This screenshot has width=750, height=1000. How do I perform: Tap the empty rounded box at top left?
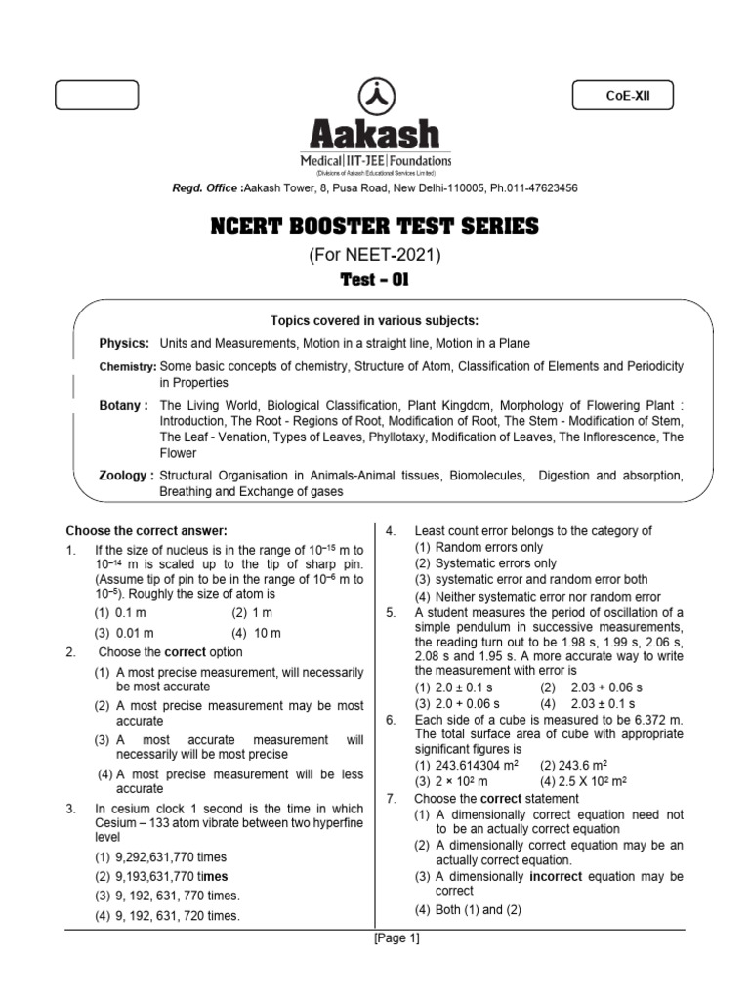[x=97, y=95]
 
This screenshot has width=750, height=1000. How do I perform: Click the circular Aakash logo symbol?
[x=375, y=96]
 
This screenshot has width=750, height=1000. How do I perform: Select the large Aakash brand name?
[x=375, y=135]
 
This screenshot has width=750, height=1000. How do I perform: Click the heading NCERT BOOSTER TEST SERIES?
[x=375, y=228]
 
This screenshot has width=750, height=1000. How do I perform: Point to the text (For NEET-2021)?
[x=375, y=256]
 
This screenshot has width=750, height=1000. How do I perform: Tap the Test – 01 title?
[x=375, y=281]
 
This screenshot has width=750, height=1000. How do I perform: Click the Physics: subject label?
[x=124, y=344]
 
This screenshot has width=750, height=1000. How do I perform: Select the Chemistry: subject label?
[x=127, y=366]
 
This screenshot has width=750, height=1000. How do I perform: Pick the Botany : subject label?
[x=124, y=404]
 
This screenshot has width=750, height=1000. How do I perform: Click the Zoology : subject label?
[x=127, y=475]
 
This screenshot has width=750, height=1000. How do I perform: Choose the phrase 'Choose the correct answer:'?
[x=146, y=531]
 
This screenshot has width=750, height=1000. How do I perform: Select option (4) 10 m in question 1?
[x=256, y=632]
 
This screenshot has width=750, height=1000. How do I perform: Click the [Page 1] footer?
[x=396, y=939]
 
